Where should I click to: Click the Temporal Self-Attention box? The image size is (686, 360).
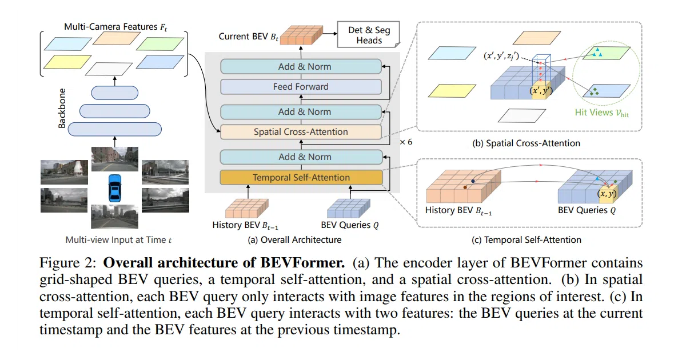pyautogui.click(x=301, y=177)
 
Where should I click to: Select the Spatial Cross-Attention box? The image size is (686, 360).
pyautogui.click(x=301, y=132)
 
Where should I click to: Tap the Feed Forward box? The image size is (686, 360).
pyautogui.click(x=301, y=87)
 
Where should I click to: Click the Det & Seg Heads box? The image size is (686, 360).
pyautogui.click(x=369, y=35)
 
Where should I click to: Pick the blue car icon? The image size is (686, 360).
pyautogui.click(x=115, y=188)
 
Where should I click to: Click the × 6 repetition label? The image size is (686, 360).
pyautogui.click(x=406, y=142)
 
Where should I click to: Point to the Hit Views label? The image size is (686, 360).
pyautogui.click(x=601, y=113)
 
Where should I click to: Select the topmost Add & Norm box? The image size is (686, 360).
pyautogui.click(x=301, y=66)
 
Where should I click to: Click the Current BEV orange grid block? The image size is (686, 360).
pyautogui.click(x=301, y=35)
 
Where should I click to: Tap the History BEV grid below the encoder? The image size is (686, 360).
pyautogui.click(x=247, y=208)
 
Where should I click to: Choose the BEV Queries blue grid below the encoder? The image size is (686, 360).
pyautogui.click(x=349, y=208)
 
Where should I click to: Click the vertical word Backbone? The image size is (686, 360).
pyautogui.click(x=62, y=109)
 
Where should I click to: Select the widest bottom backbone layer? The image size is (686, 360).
pyautogui.click(x=114, y=129)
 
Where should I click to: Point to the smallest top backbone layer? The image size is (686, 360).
pyautogui.click(x=114, y=93)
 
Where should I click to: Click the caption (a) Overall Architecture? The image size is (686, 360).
pyautogui.click(x=294, y=239)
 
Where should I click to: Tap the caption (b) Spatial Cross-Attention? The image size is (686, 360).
pyautogui.click(x=526, y=143)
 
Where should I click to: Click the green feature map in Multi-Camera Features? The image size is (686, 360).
pyautogui.click(x=160, y=44)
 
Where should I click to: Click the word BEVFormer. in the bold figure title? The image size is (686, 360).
pyautogui.click(x=302, y=263)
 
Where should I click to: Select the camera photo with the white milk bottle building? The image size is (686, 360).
pyautogui.click(x=64, y=172)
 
